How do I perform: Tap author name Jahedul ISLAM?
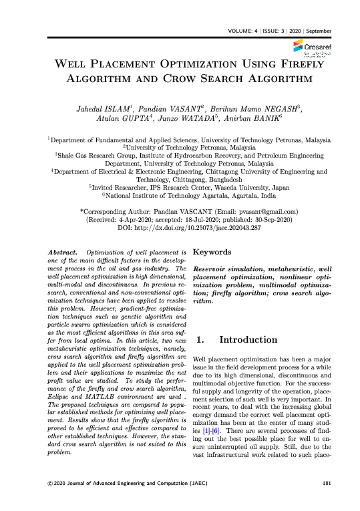point(105,110)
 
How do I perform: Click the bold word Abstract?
point(65,252)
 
